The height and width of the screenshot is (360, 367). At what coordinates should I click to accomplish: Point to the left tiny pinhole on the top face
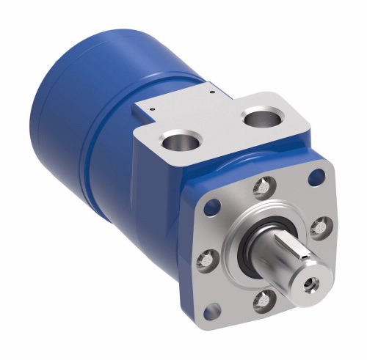pyautogui.click(x=150, y=109)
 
